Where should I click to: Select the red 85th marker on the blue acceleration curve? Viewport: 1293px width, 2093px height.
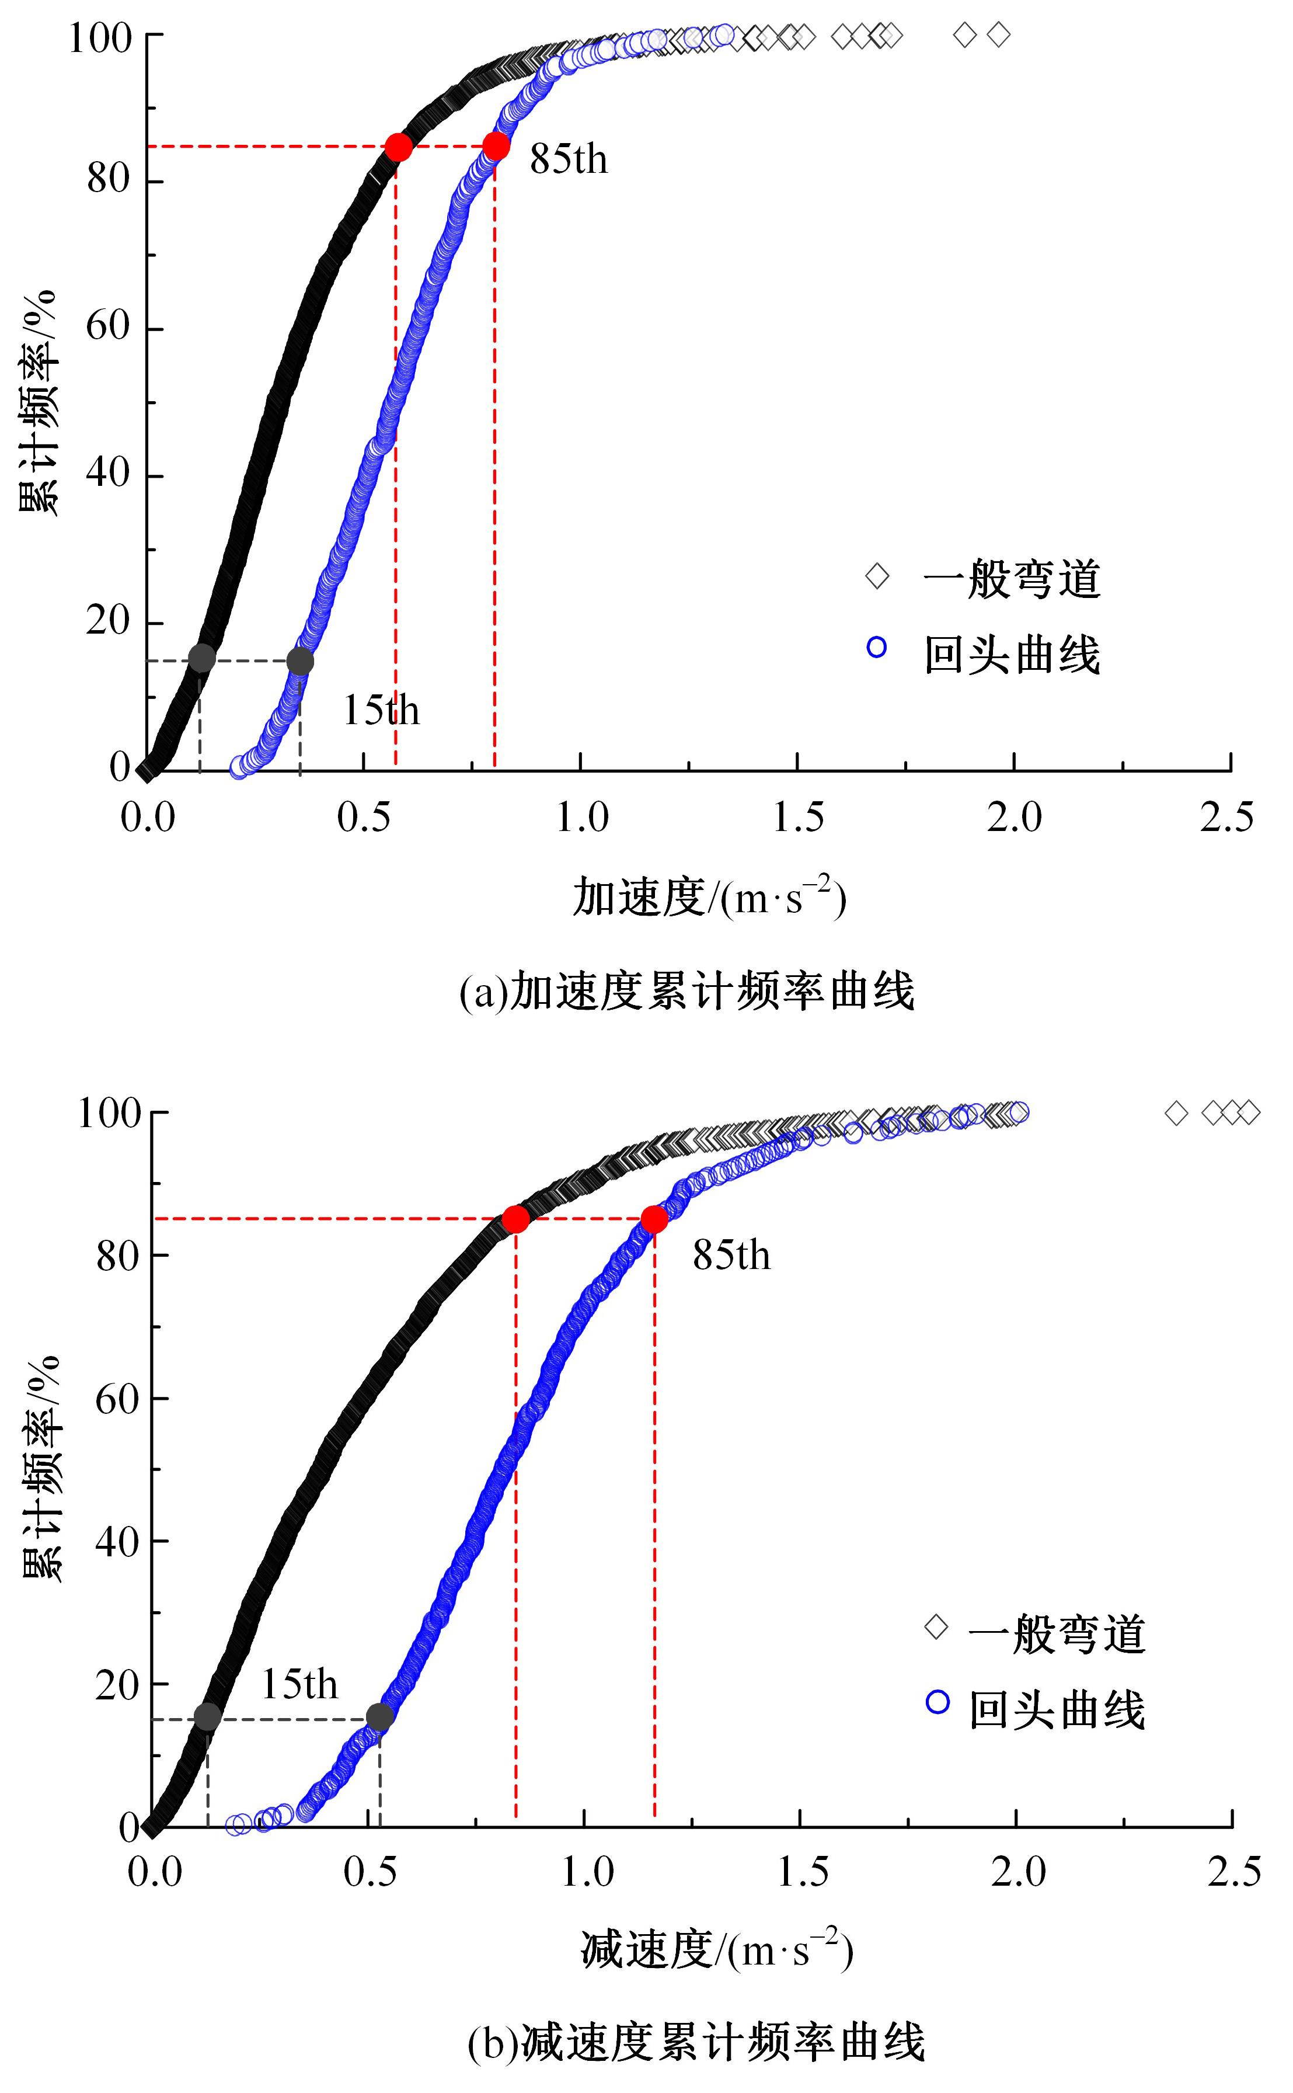click(495, 146)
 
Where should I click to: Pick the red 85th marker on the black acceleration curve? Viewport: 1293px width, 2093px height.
click(398, 147)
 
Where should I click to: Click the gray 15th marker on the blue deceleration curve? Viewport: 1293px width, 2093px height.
click(379, 1717)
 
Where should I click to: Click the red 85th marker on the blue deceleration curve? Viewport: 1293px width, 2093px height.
click(654, 1219)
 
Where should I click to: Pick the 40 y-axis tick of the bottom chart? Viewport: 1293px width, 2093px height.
click(117, 1541)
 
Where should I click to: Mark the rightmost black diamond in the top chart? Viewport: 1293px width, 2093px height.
click(998, 35)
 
